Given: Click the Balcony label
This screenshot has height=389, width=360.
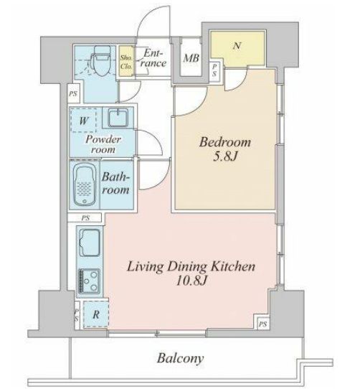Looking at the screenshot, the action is pos(180,358).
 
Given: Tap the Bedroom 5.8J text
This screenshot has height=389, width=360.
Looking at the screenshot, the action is pos(225,149).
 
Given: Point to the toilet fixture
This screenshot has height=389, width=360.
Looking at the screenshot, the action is pos(100,60).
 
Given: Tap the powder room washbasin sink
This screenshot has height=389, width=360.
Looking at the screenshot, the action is pos(118,117).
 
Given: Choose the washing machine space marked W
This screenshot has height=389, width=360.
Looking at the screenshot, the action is pos(84,121).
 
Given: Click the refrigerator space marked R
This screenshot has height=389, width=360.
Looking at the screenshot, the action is pos(96,314).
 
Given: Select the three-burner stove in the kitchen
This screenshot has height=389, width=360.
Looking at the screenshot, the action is pos(90,281).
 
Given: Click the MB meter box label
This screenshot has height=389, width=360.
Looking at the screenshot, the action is pos(191,58).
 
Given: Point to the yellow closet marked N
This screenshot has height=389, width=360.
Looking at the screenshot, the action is pos(237,48).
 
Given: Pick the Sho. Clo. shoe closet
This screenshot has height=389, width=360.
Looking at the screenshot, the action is pos(126,61).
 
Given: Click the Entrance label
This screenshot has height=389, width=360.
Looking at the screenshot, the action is pos(153,58).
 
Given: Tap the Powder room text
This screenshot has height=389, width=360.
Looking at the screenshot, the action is pos(103,144).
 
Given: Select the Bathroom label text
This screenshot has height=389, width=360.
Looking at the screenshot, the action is pos(115,183).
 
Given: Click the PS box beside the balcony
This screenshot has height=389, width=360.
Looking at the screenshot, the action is pos(262,324).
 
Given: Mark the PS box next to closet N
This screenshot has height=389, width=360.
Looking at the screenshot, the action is pos(214,70).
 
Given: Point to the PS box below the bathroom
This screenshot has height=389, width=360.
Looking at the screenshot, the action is pos(85,218).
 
